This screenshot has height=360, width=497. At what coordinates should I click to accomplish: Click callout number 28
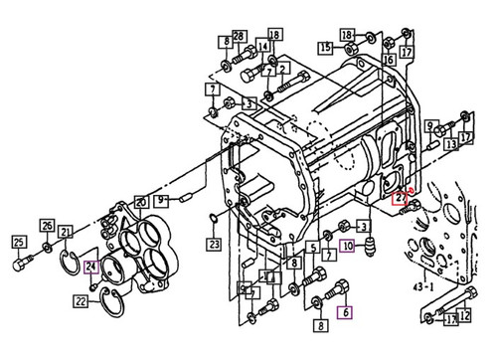[239, 37]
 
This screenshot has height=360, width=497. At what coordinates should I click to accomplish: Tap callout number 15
[326, 47]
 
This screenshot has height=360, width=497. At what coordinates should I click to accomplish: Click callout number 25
[18, 242]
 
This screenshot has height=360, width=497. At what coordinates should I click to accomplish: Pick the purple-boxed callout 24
[90, 266]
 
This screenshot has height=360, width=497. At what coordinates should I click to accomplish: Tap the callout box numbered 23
[214, 243]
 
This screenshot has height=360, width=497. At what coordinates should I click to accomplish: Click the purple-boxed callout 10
[347, 245]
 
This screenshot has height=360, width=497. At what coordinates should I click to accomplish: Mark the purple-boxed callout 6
[346, 312]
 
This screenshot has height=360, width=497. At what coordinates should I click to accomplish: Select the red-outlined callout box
[399, 198]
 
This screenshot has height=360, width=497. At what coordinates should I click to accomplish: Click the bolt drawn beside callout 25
[22, 266]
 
